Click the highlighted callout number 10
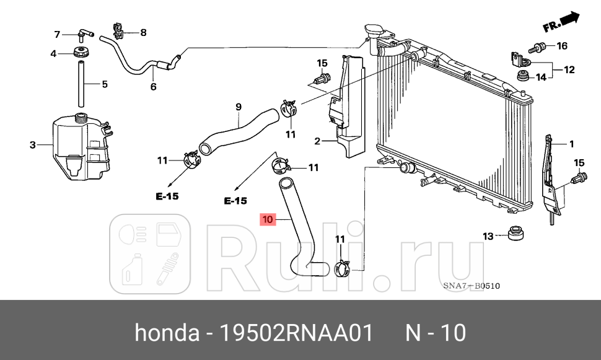[268, 219]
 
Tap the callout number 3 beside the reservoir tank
[33, 146]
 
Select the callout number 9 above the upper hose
[238, 107]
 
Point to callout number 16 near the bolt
[561, 46]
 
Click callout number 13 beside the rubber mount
[488, 235]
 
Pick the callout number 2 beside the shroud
[317, 141]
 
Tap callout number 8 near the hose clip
[143, 32]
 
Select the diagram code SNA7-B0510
[471, 286]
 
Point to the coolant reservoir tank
[81, 149]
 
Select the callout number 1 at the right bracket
[571, 144]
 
